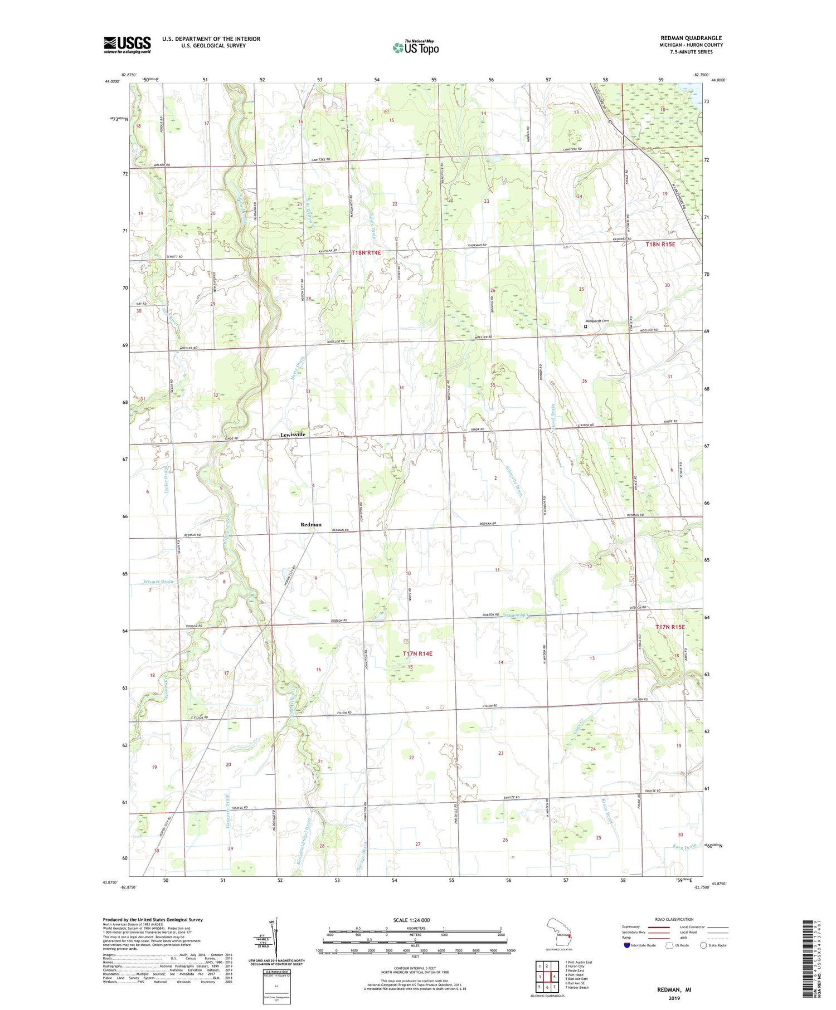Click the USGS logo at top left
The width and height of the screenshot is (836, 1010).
pyautogui.click(x=127, y=45)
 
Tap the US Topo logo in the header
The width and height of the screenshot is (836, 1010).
pyautogui.click(x=415, y=47)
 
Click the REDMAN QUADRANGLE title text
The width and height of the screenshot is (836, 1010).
pyautogui.click(x=691, y=38)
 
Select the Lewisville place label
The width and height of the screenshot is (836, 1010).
pyautogui.click(x=293, y=435)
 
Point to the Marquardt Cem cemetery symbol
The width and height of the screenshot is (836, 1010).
pyautogui.click(x=585, y=327)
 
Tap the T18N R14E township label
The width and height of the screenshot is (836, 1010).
pyautogui.click(x=366, y=253)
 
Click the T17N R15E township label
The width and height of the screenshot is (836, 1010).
pyautogui.click(x=670, y=627)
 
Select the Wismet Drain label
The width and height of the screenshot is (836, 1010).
pyautogui.click(x=158, y=581)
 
